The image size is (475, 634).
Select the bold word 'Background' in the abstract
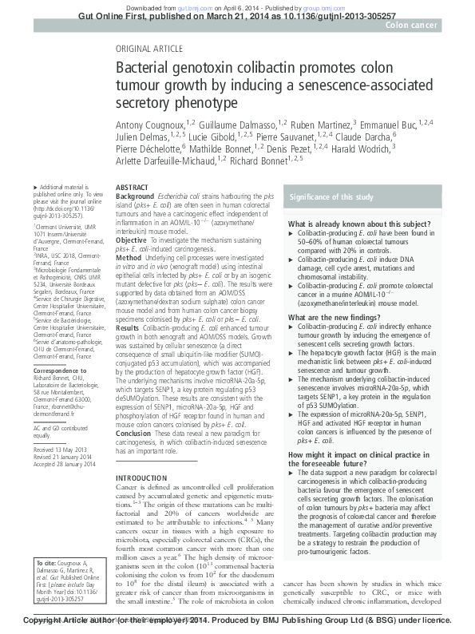[x=133, y=195]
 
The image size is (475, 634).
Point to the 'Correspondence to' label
[x=57, y=372]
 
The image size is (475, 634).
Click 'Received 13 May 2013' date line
[x=59, y=450]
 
